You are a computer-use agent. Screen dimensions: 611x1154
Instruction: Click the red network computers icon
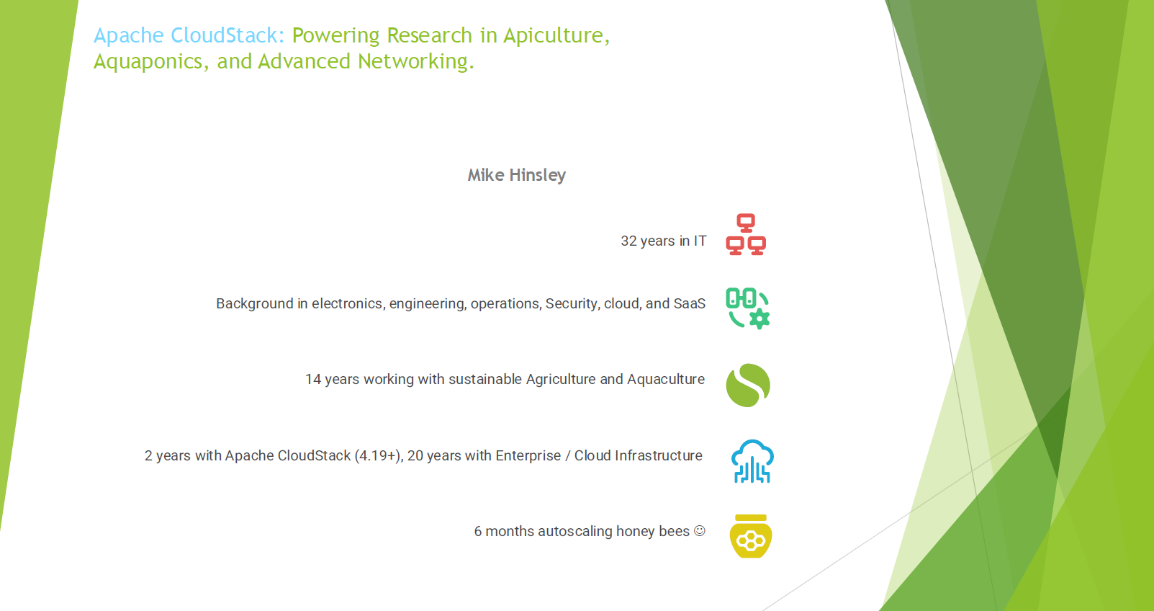[x=746, y=235]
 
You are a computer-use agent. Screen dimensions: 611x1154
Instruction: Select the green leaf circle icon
[x=748, y=385]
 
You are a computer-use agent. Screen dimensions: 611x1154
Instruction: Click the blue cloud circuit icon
[x=752, y=461]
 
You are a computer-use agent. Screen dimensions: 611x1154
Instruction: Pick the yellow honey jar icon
[x=751, y=536]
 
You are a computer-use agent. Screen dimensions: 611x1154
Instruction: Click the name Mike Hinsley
[x=516, y=175]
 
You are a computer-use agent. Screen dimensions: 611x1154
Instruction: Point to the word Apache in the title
[x=129, y=35]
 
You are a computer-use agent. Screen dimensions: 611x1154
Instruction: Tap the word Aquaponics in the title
[x=150, y=62]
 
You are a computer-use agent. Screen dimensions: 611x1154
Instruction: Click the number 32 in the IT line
[x=628, y=241]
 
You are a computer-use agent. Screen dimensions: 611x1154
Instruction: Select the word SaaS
[x=689, y=304]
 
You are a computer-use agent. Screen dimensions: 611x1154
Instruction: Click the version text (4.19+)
[x=379, y=456]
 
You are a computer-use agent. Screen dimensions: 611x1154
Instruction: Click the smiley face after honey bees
[x=699, y=531]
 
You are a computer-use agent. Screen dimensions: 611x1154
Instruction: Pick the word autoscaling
[x=574, y=532]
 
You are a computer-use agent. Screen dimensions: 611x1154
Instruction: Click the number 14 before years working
[x=312, y=380]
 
